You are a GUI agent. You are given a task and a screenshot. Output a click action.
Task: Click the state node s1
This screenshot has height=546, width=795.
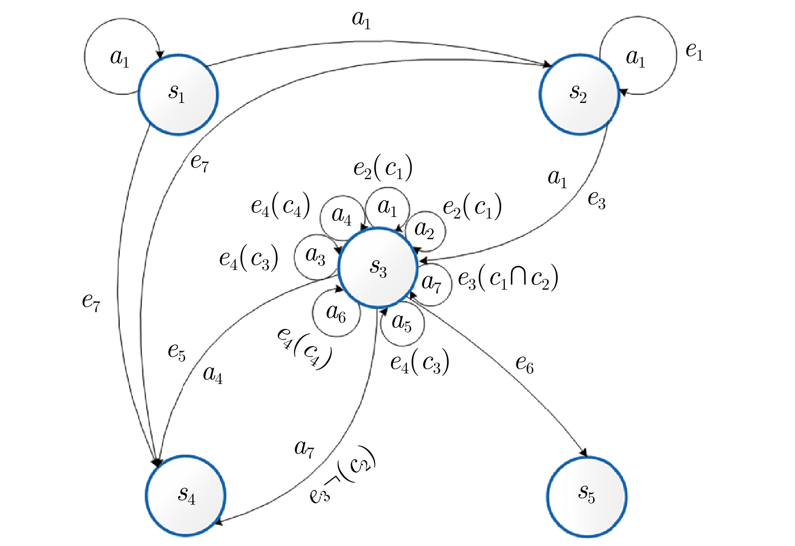[178, 94]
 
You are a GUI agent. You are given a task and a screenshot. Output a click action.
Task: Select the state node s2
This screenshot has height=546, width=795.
[579, 94]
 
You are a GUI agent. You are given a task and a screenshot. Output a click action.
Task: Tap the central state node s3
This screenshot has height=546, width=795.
[378, 267]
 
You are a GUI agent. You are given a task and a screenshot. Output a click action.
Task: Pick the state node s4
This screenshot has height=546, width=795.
[186, 495]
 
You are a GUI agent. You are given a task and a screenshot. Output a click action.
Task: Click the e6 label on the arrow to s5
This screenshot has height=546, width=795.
[524, 364]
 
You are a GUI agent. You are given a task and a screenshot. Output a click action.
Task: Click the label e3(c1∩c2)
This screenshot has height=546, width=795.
[508, 279]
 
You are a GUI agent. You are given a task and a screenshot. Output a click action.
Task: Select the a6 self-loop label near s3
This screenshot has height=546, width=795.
[336, 313]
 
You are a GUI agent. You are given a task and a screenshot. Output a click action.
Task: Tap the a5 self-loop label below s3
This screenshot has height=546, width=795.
[402, 323]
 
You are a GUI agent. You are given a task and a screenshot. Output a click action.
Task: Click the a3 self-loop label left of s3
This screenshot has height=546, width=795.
[315, 256]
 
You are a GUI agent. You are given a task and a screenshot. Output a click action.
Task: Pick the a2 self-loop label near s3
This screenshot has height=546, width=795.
[424, 230]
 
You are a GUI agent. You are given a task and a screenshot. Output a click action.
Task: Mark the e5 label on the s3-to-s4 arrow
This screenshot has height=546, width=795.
[177, 352]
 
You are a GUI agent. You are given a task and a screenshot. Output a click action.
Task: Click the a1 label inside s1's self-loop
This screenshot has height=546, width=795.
[120, 58]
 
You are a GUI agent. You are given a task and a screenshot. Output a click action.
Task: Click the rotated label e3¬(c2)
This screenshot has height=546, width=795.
[343, 475]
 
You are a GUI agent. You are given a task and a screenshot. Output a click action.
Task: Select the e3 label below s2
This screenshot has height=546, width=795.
[597, 200]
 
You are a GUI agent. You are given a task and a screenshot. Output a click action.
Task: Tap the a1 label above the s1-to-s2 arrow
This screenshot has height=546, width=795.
[361, 19]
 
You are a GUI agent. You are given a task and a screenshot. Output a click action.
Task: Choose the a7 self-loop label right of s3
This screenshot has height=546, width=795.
[431, 283]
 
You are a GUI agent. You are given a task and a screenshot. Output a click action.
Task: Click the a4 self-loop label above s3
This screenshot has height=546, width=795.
[341, 216]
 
